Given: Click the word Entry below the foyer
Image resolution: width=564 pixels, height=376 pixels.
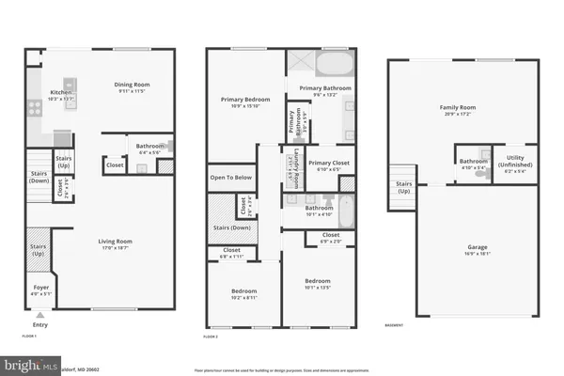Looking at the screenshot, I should coord(39,325).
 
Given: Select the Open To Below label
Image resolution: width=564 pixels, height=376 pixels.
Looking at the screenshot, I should coord(229,177).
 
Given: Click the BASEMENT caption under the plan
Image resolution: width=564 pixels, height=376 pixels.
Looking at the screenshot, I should coord(395,325).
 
